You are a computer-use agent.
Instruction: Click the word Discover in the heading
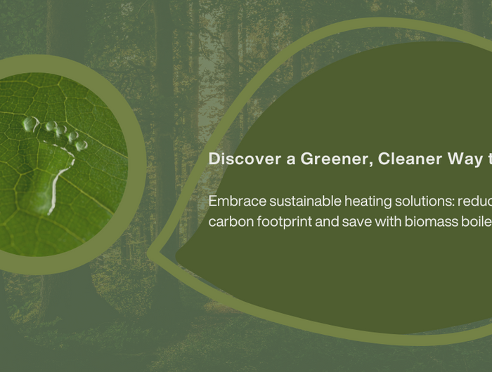(x=245, y=159)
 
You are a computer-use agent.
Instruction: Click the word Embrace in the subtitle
(x=238, y=201)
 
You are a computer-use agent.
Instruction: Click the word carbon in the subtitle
(x=231, y=222)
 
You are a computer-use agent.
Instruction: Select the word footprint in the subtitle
(x=284, y=222)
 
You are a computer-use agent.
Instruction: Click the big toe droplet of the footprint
(x=31, y=124)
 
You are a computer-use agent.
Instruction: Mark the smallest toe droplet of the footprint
(x=82, y=145)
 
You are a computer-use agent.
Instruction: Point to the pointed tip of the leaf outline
(x=148, y=253)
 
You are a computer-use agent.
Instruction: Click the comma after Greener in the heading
(x=371, y=164)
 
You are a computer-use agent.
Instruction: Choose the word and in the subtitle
(x=327, y=222)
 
